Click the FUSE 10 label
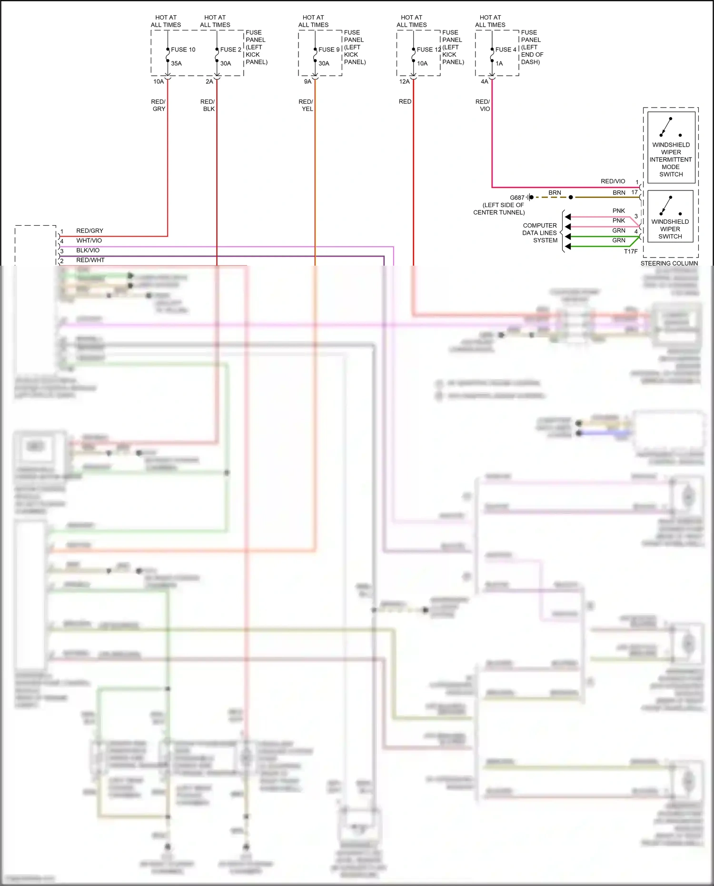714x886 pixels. [183, 50]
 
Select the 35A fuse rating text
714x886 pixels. [176, 63]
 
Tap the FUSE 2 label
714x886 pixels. [230, 50]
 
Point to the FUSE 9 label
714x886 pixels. [329, 50]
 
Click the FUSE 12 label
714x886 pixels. [428, 50]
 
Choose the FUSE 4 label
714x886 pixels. [506, 50]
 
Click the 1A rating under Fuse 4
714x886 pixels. [499, 63]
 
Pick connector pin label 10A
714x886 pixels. [159, 81]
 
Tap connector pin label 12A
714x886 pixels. [404, 81]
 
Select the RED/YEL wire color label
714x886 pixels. [306, 105]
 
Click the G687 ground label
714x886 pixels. [517, 198]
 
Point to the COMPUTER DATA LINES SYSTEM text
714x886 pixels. [540, 233]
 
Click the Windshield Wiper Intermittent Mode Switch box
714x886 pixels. [671, 147]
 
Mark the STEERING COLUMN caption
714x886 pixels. [669, 263]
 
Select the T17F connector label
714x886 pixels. [631, 251]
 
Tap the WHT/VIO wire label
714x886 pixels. [89, 240]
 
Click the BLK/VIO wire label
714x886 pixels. [88, 250]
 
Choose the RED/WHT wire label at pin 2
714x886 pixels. [90, 260]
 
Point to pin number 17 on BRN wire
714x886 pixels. [635, 192]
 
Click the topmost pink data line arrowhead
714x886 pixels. [568, 217]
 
